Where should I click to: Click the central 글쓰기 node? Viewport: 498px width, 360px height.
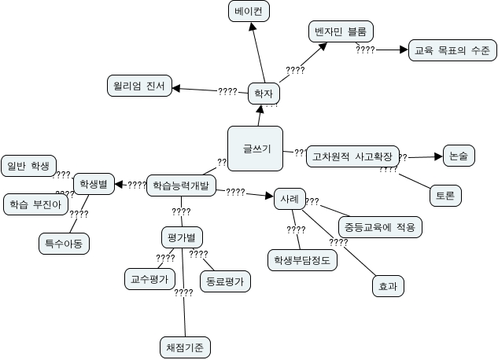click(255, 147)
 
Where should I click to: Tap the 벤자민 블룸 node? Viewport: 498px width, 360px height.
click(338, 32)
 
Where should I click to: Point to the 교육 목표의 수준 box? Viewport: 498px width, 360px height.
click(452, 51)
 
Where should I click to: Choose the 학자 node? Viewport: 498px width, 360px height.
click(264, 94)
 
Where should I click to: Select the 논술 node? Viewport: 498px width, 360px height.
click(458, 156)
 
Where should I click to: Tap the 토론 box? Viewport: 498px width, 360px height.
click(445, 196)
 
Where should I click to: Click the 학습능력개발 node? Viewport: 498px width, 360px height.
click(181, 186)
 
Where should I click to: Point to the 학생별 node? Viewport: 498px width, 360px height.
click(94, 186)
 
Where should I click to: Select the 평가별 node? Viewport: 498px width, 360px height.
click(181, 237)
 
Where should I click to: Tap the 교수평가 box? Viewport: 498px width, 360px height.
click(149, 278)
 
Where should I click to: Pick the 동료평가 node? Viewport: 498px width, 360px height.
click(224, 281)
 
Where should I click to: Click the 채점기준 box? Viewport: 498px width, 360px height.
click(184, 347)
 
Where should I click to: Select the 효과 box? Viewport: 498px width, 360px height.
click(386, 287)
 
